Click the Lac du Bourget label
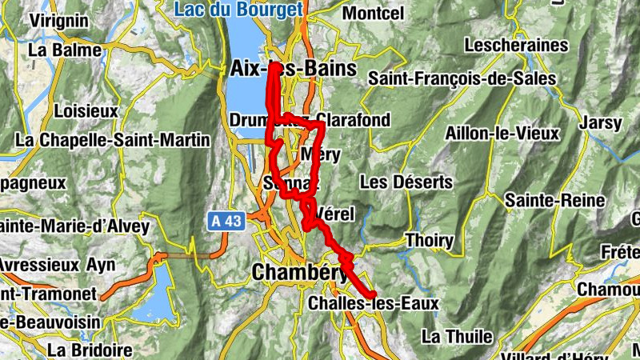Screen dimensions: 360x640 tap(238, 10)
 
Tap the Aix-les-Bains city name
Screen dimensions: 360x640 tap(292, 69)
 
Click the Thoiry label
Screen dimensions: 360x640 tap(429, 240)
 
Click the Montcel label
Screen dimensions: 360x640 tap(372, 14)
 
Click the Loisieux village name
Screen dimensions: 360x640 tap(86, 110)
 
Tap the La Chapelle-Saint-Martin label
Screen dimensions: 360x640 tap(112, 140)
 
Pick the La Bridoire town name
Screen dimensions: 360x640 tap(89, 350)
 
